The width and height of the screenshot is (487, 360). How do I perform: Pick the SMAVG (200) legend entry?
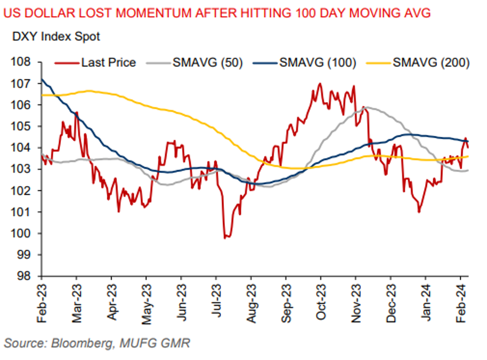pyautogui.click(x=431, y=62)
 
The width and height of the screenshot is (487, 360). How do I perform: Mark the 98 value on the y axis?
pyautogui.click(x=27, y=277)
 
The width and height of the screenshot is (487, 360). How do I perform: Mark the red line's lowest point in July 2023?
pyautogui.click(x=224, y=237)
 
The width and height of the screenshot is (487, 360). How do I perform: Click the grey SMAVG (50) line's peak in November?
pyautogui.click(x=366, y=107)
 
